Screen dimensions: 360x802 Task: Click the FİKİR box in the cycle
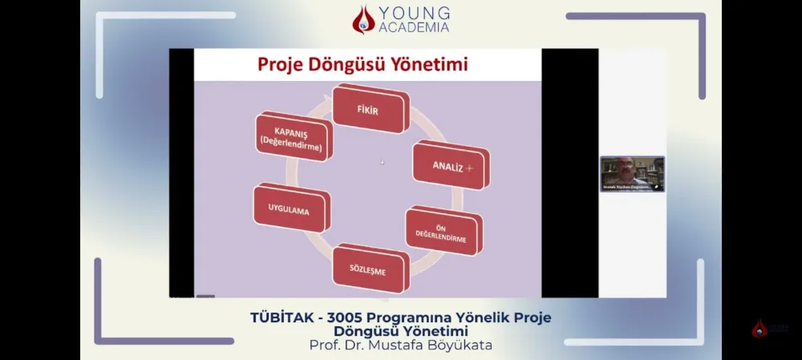coord(370,110)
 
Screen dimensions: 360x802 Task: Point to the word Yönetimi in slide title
coord(434,64)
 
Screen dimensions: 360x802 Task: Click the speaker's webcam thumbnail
coord(632,173)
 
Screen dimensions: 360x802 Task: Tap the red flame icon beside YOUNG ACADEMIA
coord(363,20)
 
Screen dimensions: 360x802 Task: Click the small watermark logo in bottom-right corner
coord(759,328)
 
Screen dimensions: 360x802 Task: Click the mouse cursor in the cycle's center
coord(382,162)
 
